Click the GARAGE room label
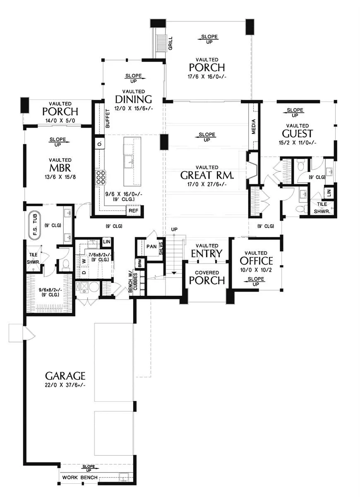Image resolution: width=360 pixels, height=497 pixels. coord(65,376)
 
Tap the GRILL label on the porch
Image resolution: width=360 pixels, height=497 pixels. coord(170,43)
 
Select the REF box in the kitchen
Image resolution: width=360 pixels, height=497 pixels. coord(133,210)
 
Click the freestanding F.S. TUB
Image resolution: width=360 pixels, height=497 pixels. coord(35,226)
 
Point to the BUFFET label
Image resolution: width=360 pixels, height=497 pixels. coord(108,118)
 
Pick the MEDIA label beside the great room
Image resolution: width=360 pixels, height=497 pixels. coord(254,126)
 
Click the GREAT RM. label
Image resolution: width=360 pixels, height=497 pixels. coord(207,175)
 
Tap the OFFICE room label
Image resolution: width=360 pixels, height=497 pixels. coord(256,261)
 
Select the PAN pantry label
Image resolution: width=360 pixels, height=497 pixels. coord(151,246)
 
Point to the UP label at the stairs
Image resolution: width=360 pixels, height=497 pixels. coord(175,229)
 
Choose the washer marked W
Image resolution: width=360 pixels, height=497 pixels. coord(84,261)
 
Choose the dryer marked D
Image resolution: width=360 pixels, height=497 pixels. coord(84,272)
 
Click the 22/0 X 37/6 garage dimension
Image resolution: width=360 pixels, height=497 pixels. coord(65,385)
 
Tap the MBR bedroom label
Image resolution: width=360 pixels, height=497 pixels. coord(60,168)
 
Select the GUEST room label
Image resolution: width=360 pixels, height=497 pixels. coord(297,133)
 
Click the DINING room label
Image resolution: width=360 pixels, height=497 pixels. coord(133,99)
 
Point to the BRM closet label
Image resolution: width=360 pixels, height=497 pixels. coord(140,263)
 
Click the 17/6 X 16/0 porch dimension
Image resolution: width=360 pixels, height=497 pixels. coord(207,77)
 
